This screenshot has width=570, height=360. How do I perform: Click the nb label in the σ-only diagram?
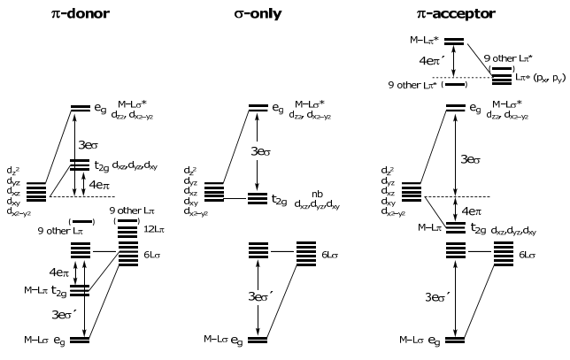[x=317, y=193]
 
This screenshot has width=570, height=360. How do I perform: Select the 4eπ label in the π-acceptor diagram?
[x=471, y=211]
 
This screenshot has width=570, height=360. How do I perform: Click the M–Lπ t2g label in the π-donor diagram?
[x=48, y=289]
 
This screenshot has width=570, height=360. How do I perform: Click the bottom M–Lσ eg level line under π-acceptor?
[x=455, y=339]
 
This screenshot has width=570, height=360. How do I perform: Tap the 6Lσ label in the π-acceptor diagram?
[x=528, y=255]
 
